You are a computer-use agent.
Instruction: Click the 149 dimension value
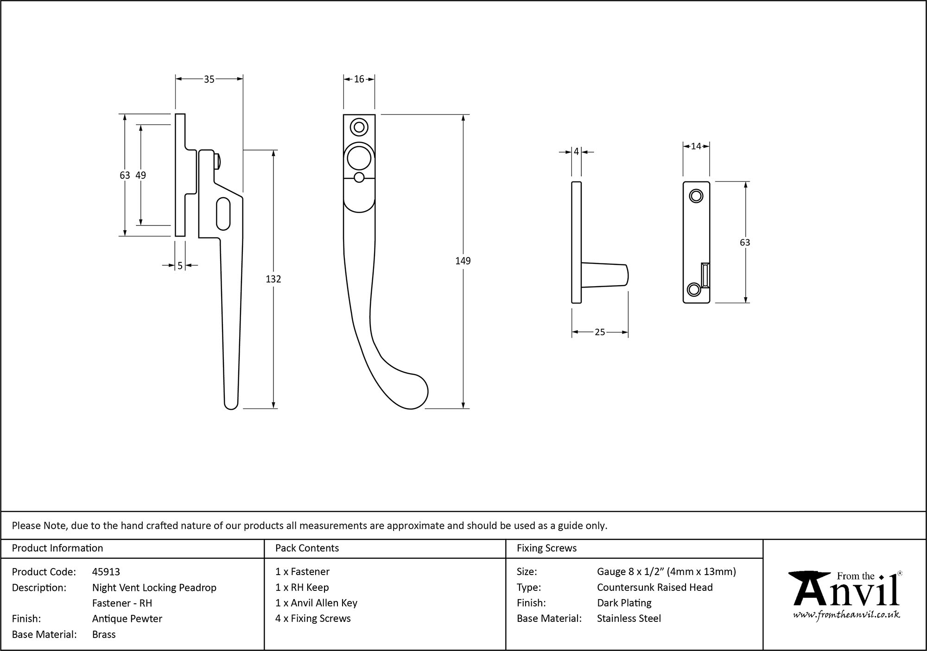[463, 261]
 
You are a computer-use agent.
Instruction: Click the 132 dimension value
[273, 279]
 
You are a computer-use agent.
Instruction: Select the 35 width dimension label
[209, 80]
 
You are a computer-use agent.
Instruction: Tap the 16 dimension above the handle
[359, 80]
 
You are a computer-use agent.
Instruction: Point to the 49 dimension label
[140, 175]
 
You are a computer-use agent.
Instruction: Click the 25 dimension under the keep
[599, 332]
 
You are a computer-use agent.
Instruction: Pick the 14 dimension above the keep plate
[696, 147]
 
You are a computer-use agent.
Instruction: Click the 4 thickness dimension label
[576, 152]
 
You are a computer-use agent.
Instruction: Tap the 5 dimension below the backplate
[180, 266]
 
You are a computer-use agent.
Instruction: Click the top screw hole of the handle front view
[359, 126]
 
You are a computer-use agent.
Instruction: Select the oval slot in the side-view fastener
[223, 214]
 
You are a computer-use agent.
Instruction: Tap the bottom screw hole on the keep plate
[693, 290]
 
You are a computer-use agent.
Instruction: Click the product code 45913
[106, 572]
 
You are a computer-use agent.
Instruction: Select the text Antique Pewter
[127, 619]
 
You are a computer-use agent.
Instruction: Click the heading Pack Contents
[307, 548]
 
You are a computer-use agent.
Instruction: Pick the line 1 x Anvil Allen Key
[316, 603]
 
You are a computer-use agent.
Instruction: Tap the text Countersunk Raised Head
[654, 588]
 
